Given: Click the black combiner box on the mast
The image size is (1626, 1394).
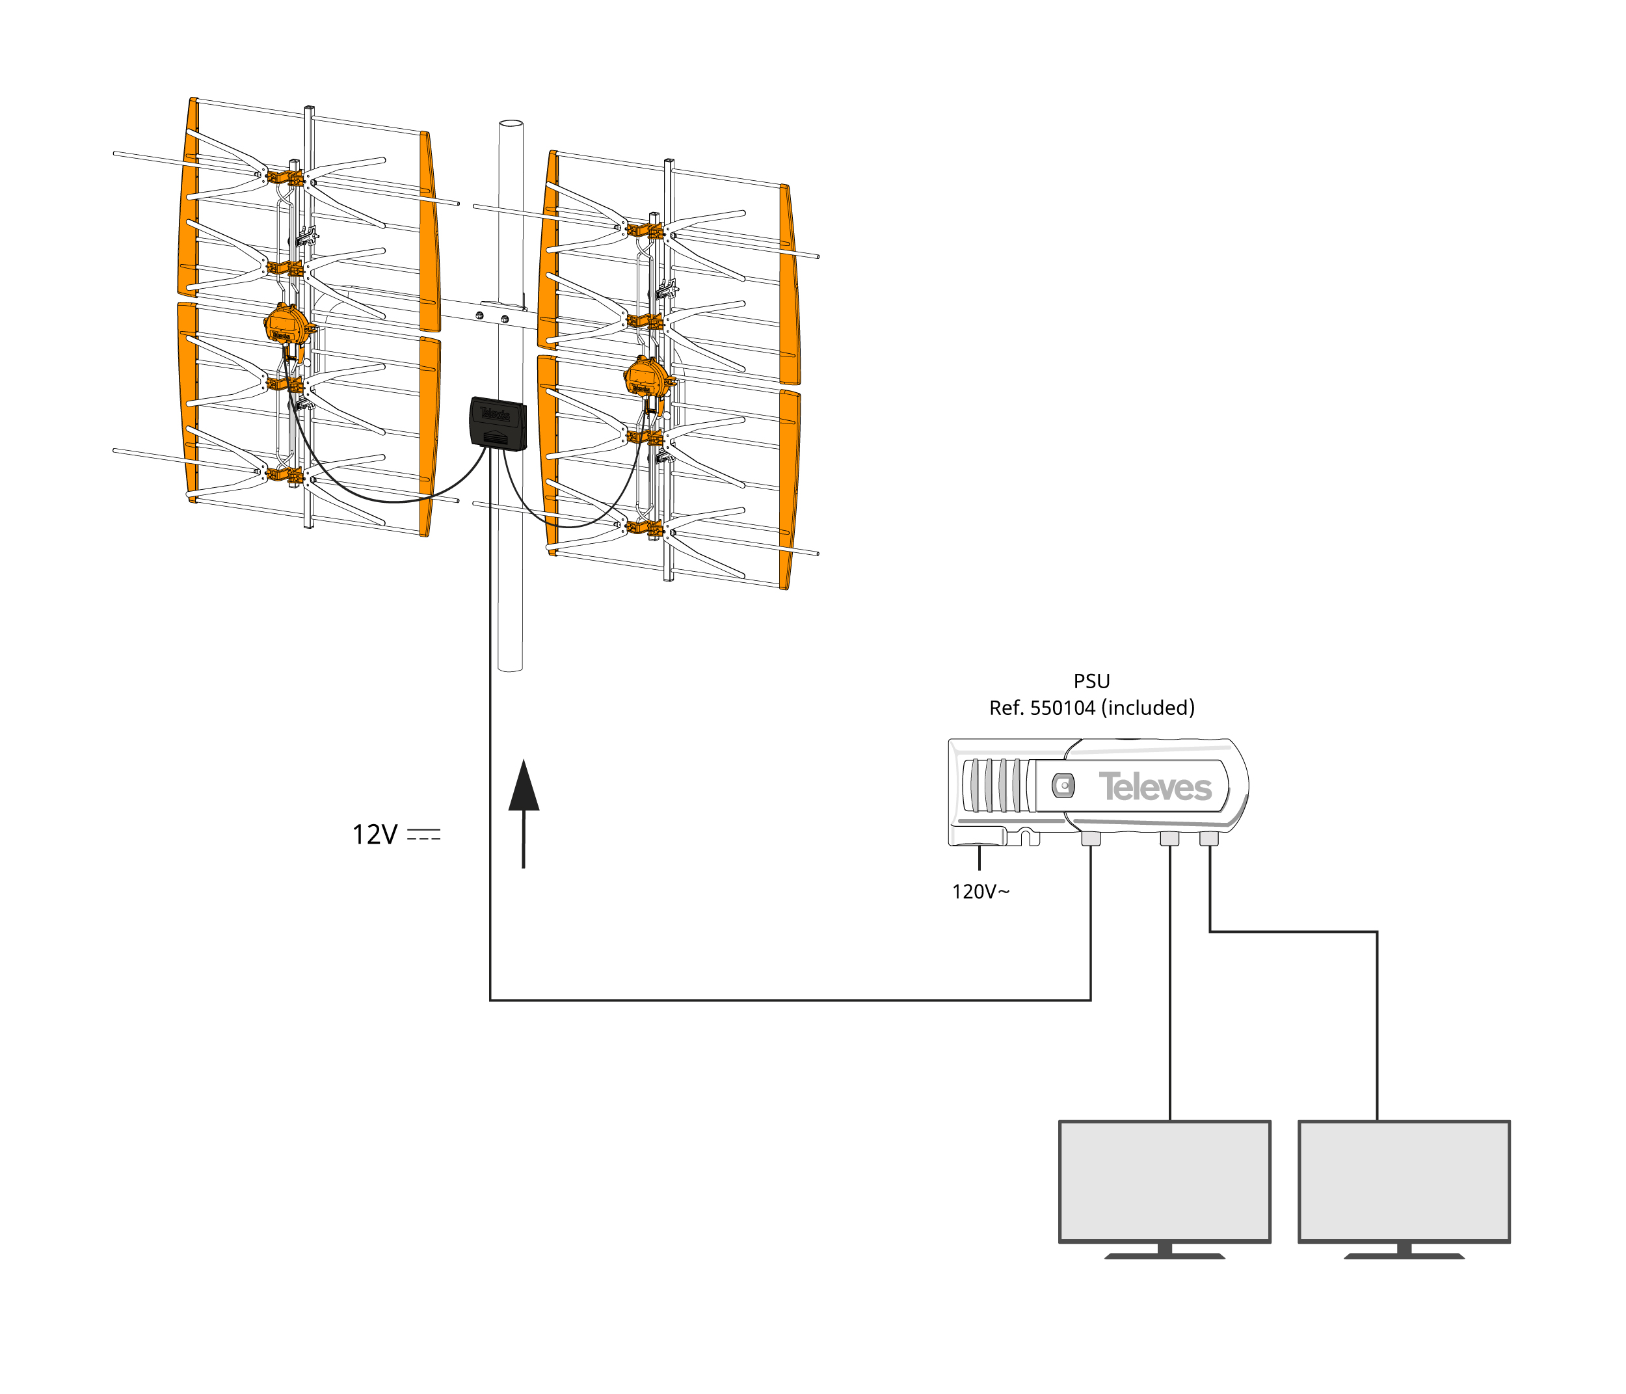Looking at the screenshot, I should click(x=498, y=424).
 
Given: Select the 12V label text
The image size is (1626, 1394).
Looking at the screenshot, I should click(x=375, y=835).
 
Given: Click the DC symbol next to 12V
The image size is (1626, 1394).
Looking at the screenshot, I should click(x=424, y=835).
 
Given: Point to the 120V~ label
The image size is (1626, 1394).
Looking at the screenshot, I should click(x=980, y=892).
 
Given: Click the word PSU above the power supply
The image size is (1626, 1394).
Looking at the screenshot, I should click(x=1091, y=681).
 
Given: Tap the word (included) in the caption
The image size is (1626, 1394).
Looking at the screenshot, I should click(x=1148, y=708).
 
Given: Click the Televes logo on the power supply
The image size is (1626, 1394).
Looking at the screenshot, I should click(x=1155, y=786).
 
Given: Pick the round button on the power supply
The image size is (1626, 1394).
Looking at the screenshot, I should click(x=1063, y=785).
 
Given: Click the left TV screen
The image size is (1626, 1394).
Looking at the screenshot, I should click(x=1165, y=1181).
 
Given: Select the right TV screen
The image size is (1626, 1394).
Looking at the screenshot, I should click(x=1404, y=1181).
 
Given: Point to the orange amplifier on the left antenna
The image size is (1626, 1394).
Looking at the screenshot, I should click(x=286, y=323).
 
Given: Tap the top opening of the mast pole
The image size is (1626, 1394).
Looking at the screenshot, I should click(x=510, y=125).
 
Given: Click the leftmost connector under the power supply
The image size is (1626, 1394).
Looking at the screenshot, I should click(x=1091, y=838).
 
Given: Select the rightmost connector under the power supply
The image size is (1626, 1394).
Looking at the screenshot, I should click(x=1208, y=838).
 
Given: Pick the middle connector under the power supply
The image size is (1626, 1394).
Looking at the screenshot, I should click(x=1169, y=838).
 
